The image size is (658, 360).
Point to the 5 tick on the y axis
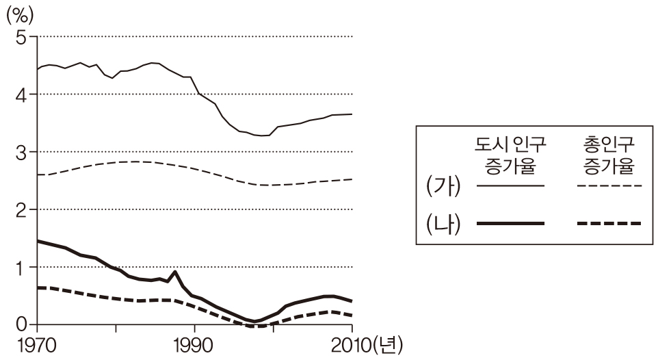coord(20,37)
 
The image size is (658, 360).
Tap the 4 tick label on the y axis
coord(20,94)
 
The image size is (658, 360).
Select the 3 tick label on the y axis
coord(20,152)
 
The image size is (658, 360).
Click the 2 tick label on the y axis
coord(20,209)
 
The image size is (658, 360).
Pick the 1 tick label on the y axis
coord(20,267)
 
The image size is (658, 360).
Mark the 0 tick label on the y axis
coord(20,324)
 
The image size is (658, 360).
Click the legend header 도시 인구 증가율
coord(510,154)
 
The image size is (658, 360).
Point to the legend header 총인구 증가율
coord(609,154)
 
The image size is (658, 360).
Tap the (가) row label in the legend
coord(443,186)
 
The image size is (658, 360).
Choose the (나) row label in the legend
coord(443,224)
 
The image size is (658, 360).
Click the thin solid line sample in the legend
coord(510,185)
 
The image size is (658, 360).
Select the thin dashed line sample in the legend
coord(609,185)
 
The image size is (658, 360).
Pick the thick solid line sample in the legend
coord(510,224)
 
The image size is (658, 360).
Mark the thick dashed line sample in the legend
coord(609,224)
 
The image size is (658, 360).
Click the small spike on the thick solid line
coord(176,272)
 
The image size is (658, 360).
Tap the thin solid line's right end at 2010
coord(352,114)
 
